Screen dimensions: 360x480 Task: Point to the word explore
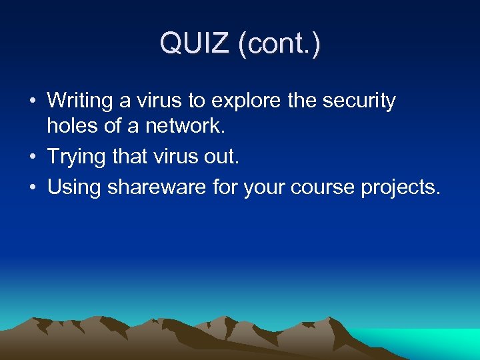(x=247, y=101)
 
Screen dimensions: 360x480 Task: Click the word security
(x=360, y=101)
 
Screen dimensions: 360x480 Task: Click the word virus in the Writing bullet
(x=161, y=101)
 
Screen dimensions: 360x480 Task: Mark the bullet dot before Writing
(x=32, y=102)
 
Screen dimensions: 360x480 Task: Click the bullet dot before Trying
(x=32, y=158)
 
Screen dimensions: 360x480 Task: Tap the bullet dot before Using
(x=32, y=188)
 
